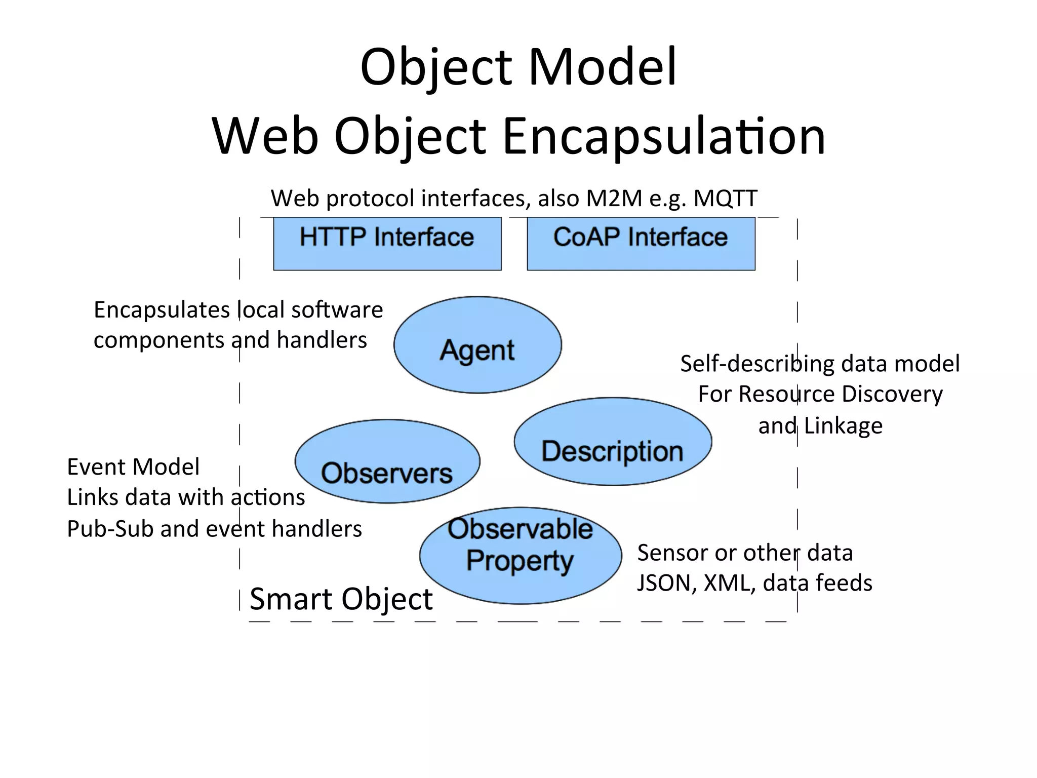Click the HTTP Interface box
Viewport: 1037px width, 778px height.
click(x=387, y=243)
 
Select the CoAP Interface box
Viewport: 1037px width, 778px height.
click(x=641, y=243)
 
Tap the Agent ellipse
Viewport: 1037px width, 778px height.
click(x=477, y=345)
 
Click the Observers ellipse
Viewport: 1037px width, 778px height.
click(x=387, y=461)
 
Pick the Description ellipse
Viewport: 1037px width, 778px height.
click(x=613, y=441)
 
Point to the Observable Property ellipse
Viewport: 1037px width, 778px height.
click(x=521, y=556)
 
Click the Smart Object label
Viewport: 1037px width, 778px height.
click(x=341, y=599)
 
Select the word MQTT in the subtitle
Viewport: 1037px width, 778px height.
click(x=725, y=198)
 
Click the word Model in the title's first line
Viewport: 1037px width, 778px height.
click(x=602, y=67)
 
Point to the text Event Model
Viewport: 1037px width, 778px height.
click(x=133, y=466)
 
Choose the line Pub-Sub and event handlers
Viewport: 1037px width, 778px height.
click(x=214, y=529)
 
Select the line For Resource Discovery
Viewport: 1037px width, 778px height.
click(x=820, y=394)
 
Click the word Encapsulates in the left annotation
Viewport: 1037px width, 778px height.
click(x=162, y=309)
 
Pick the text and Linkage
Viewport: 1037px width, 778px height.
click(x=820, y=425)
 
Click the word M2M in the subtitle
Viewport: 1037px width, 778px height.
click(x=614, y=198)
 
